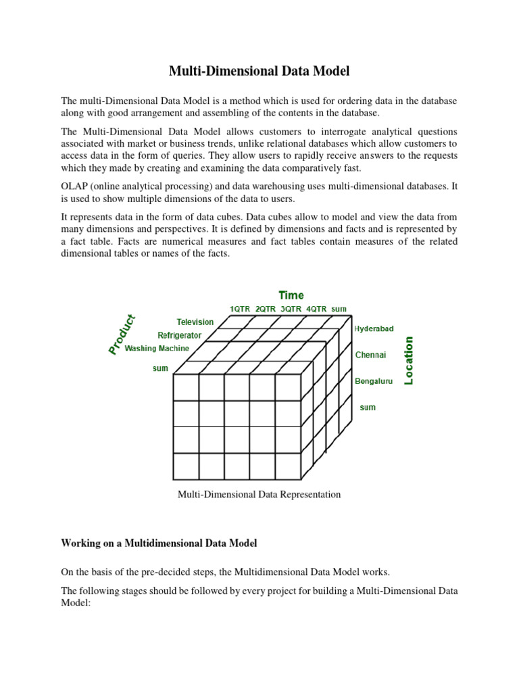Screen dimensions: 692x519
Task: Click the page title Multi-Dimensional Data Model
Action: click(x=259, y=70)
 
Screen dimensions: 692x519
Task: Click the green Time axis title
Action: click(x=291, y=295)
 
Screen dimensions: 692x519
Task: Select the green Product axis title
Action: click(x=122, y=334)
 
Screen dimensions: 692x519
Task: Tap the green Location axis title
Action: click(x=408, y=361)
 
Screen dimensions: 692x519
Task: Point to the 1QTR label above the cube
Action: click(x=240, y=309)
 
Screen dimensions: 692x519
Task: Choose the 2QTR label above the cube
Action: click(x=266, y=309)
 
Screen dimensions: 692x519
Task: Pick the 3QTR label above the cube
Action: click(x=291, y=309)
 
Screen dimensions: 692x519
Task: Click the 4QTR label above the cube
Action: click(x=316, y=309)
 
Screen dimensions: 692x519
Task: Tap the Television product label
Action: click(x=195, y=322)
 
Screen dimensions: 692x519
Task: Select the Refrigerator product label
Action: click(x=180, y=335)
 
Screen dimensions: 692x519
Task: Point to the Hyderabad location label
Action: click(x=374, y=328)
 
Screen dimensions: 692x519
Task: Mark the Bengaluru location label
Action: click(x=374, y=381)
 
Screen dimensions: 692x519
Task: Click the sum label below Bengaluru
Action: click(x=368, y=407)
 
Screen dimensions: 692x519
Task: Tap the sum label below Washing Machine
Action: click(x=160, y=369)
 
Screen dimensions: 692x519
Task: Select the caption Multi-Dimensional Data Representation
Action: click(x=259, y=495)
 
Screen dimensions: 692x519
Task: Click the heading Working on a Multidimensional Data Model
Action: click(x=159, y=543)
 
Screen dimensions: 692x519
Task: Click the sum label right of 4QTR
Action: click(x=339, y=309)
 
